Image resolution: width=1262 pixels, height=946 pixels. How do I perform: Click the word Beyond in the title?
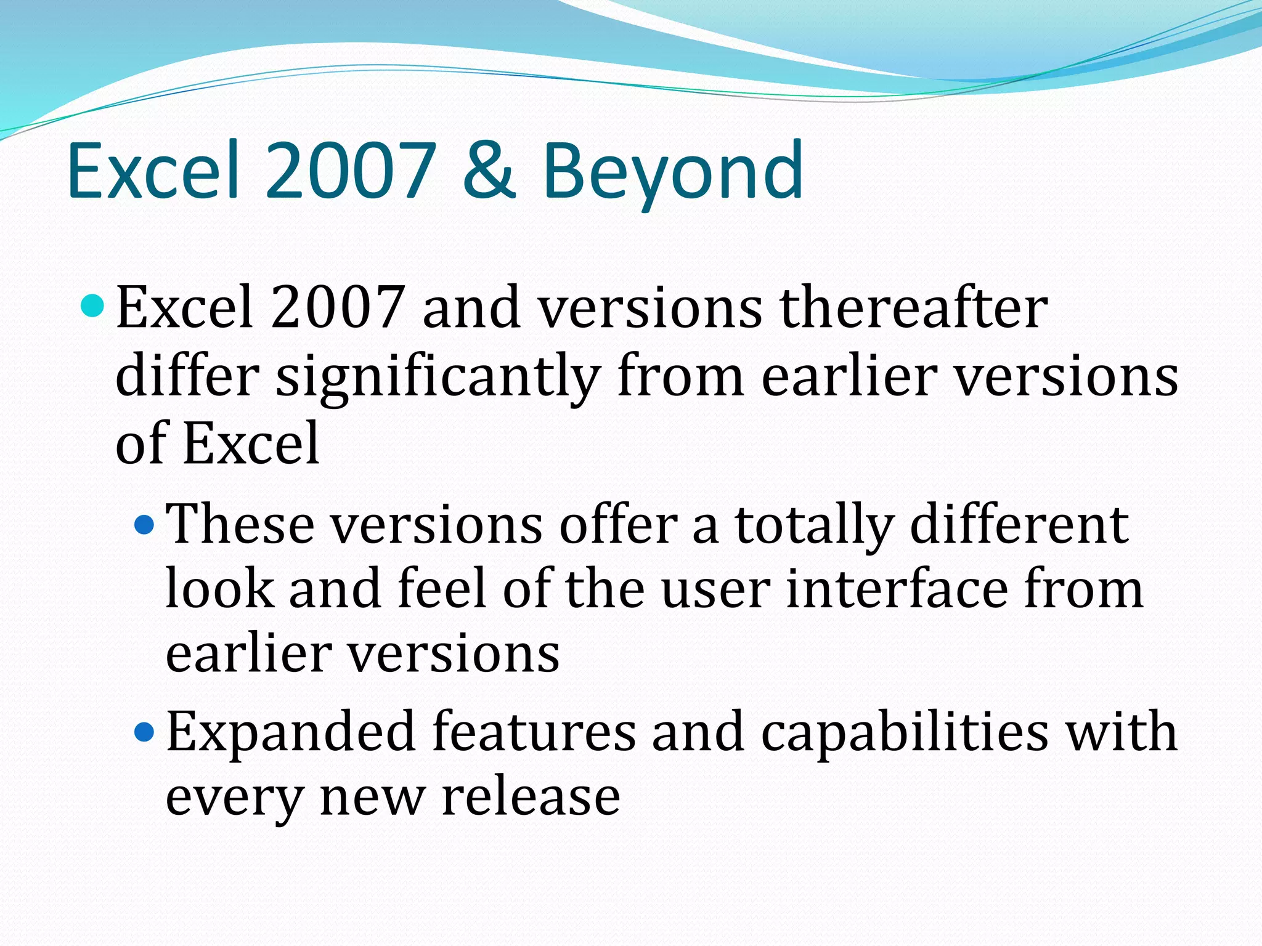[x=672, y=172]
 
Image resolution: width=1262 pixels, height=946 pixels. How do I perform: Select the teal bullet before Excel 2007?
[x=93, y=305]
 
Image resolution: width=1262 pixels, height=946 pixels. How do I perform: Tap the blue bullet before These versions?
[x=144, y=525]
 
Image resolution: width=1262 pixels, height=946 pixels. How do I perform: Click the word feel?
[x=442, y=589]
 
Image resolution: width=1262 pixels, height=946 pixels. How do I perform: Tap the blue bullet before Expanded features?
[x=144, y=732]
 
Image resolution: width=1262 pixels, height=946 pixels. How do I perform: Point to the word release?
[x=531, y=797]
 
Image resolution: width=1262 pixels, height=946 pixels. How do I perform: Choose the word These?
[x=240, y=525]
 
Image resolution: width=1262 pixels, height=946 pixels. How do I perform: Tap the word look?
[x=219, y=589]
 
